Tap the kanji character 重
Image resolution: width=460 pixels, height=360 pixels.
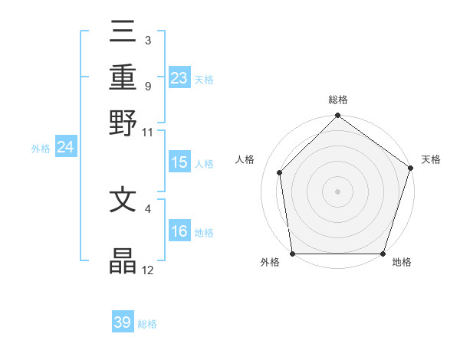click(123, 77)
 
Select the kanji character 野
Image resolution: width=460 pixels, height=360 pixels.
click(123, 122)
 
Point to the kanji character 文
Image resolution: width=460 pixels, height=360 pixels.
click(123, 200)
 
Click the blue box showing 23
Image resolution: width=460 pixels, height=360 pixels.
click(179, 77)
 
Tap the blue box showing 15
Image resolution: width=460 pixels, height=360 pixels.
click(179, 162)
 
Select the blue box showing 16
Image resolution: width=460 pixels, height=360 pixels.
click(179, 231)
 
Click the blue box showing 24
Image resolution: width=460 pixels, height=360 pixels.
click(65, 148)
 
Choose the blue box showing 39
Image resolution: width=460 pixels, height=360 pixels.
click(123, 322)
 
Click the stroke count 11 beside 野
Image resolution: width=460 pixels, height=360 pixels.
click(148, 132)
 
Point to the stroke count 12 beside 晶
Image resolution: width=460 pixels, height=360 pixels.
click(148, 270)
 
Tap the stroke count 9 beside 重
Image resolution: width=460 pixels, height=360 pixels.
click(147, 86)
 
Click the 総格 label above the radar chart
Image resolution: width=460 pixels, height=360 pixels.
click(337, 100)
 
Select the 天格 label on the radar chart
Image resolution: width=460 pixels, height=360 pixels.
click(431, 159)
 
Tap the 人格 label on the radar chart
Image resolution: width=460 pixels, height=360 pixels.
click(245, 159)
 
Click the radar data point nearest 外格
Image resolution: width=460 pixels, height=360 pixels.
click(293, 254)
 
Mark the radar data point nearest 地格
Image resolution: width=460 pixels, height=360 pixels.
click(383, 254)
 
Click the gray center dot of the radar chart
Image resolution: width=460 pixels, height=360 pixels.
click(337, 191)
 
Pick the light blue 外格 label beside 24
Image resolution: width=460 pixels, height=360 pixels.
click(41, 149)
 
